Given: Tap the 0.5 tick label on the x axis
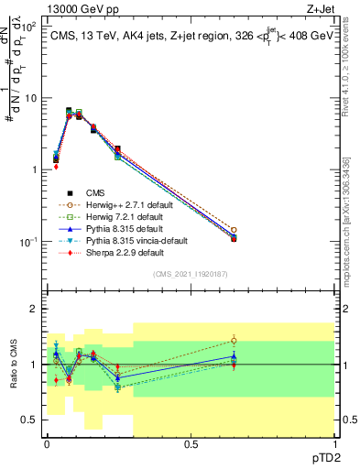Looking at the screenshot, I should tap(190, 444).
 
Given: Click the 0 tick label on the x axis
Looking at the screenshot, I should tap(47, 444).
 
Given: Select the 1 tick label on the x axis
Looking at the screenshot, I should tap(333, 444).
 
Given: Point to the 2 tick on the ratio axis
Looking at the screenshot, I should tap(34, 309).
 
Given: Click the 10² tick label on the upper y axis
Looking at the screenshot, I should tap(29, 27).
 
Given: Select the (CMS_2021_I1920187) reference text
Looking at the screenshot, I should tap(190, 274).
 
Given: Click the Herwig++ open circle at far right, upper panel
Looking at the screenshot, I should tap(234, 230).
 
